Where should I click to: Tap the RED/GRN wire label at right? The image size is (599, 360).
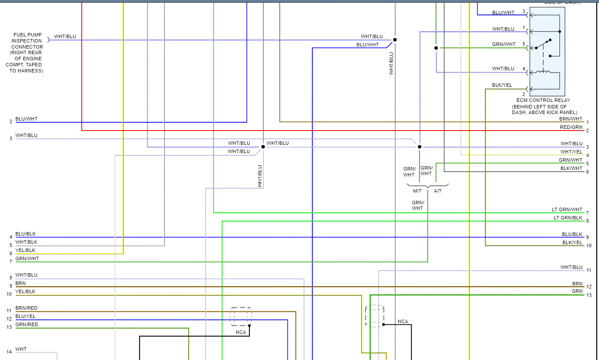tap(571, 127)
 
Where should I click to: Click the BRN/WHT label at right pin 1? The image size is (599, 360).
tap(571, 119)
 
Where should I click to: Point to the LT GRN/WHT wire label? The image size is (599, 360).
tap(567, 209)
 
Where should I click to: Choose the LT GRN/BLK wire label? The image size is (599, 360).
tap(568, 218)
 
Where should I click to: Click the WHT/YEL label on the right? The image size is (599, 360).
tap(571, 152)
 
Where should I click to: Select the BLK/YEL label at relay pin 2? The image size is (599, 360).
tap(502, 85)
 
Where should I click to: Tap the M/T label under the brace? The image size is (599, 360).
tap(417, 191)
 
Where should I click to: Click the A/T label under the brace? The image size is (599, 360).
tap(438, 191)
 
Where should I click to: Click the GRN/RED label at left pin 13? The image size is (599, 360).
tap(26, 325)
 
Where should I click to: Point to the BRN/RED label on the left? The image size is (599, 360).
tap(26, 308)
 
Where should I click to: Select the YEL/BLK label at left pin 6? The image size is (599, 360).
tap(26, 250)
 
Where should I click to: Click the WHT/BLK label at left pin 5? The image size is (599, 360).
tap(26, 242)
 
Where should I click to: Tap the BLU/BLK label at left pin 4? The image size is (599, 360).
tap(26, 234)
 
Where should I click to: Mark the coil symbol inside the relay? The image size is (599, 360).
tap(543, 72)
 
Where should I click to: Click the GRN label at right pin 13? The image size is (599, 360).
tap(577, 291)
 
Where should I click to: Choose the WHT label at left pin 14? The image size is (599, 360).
tap(21, 349)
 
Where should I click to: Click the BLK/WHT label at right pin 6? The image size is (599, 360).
tap(571, 168)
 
